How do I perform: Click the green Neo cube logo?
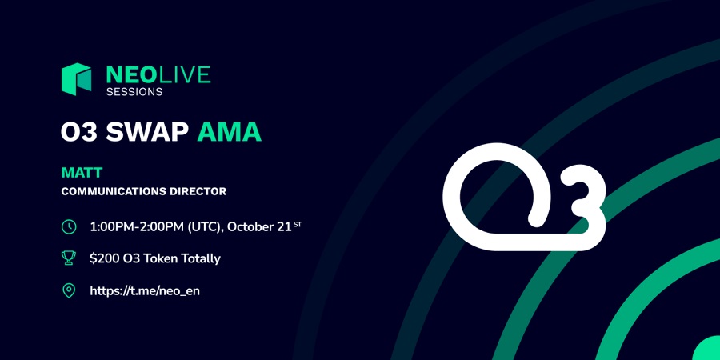pyautogui.click(x=76, y=79)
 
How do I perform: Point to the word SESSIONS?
pyautogui.click(x=134, y=92)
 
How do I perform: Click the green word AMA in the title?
pyautogui.click(x=229, y=132)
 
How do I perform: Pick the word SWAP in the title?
pyautogui.click(x=147, y=132)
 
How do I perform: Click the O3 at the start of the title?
pyautogui.click(x=79, y=132)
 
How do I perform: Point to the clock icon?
pyautogui.click(x=69, y=227)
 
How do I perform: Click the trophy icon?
pyautogui.click(x=69, y=258)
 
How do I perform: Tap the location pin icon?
pyautogui.click(x=69, y=290)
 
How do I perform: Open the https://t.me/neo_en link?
pyautogui.click(x=145, y=290)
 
